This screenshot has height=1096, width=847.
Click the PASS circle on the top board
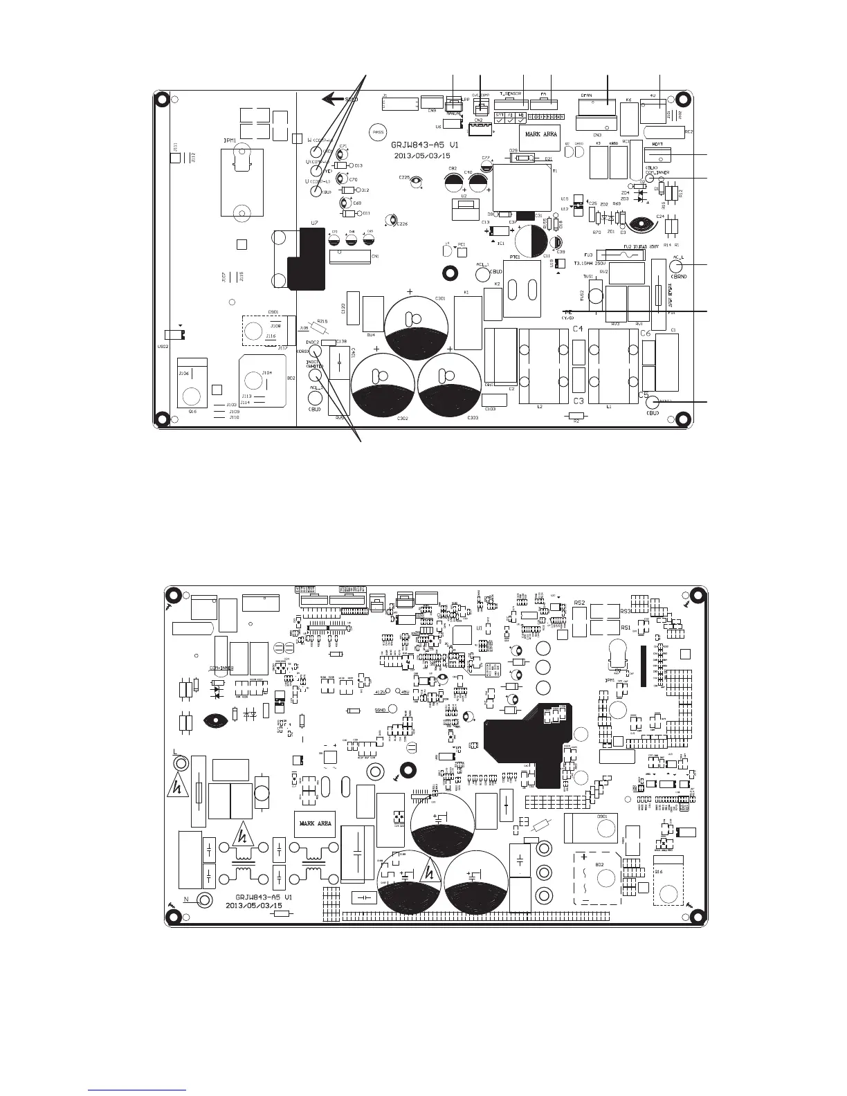tap(378, 131)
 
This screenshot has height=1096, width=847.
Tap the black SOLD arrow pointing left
tap(334, 100)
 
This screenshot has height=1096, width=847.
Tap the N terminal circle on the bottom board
tap(205, 899)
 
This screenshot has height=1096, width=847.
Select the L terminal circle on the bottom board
tap(181, 763)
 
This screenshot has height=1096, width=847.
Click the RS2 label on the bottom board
tap(580, 603)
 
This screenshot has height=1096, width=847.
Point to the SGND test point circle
tap(392, 709)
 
